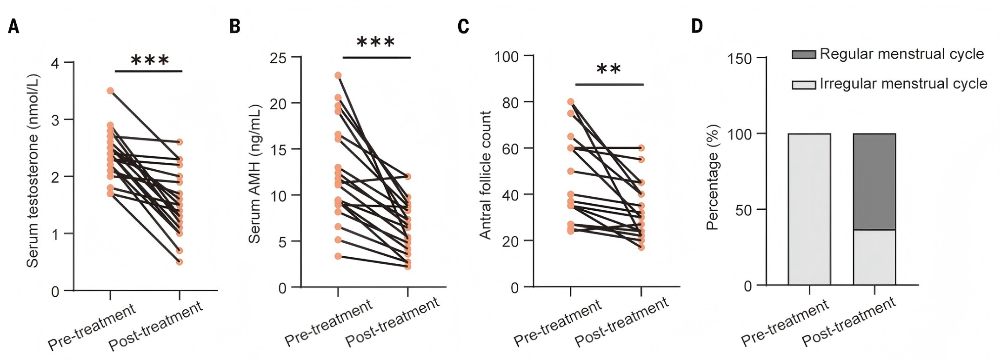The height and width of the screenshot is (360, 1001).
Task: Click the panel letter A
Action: tap(13, 27)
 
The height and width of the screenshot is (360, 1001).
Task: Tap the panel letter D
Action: tap(697, 26)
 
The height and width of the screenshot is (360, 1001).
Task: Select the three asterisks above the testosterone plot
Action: tap(149, 60)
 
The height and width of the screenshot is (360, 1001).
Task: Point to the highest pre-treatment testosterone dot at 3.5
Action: tap(110, 91)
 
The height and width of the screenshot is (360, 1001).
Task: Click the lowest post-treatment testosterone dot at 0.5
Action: tap(180, 262)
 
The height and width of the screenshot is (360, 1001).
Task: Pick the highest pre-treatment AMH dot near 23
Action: tap(338, 75)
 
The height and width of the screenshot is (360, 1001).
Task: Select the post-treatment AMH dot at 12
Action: tap(408, 177)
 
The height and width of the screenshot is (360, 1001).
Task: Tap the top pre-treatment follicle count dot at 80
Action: tap(571, 102)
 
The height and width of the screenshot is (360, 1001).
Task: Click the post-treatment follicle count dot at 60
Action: tap(641, 148)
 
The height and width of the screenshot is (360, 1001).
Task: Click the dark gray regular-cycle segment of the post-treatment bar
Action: tap(874, 181)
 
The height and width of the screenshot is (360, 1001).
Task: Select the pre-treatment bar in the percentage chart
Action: tap(809, 209)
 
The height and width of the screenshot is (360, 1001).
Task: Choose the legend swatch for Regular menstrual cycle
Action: tap(804, 55)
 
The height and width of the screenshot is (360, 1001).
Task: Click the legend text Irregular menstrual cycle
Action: tap(903, 84)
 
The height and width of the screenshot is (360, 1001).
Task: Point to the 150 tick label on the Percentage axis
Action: tap(740, 59)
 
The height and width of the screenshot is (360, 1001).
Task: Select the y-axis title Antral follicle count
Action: tap(485, 175)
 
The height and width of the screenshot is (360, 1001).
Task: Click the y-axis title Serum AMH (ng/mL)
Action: tap(254, 173)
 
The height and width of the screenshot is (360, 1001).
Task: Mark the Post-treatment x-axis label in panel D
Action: tap(849, 322)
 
